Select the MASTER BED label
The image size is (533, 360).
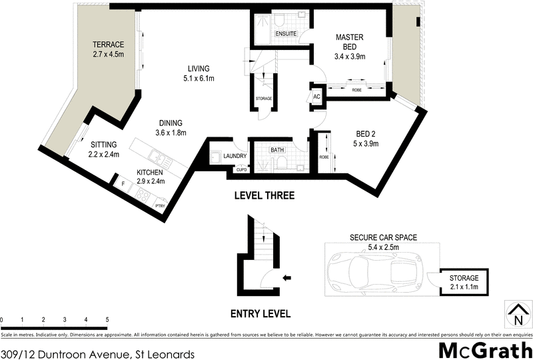coord(349,42)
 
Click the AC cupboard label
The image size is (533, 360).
coord(316,97)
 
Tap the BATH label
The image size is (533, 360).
coord(276,151)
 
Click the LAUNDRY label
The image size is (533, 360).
coord(236,157)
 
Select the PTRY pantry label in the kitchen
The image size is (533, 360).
coord(160,206)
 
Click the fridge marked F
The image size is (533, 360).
coord(123,181)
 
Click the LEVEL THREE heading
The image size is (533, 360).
coord(263,196)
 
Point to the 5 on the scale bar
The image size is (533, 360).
coord(107,321)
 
